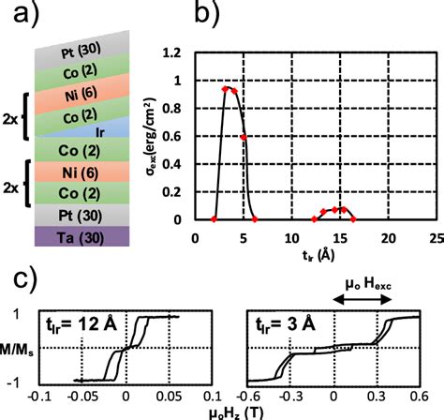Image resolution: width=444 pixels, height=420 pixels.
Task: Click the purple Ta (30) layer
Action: tap(81, 236)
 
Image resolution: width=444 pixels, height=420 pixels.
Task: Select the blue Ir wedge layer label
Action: tap(100, 133)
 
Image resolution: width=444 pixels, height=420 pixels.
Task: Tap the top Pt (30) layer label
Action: tap(81, 51)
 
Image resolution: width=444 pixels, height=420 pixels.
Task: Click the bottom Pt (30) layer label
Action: tap(81, 216)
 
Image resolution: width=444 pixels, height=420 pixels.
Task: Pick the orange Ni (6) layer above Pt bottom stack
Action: tap(81, 172)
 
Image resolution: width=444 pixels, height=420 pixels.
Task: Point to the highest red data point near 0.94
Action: tap(225, 89)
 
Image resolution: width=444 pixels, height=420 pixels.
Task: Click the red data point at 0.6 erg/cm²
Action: tap(244, 138)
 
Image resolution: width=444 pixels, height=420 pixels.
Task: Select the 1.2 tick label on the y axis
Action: tap(171, 53)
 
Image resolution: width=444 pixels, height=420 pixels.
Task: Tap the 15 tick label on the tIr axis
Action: tap(340, 238)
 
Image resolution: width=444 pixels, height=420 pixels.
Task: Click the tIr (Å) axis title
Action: tap(318, 255)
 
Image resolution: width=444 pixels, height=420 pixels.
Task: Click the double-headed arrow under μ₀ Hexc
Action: tap(363, 300)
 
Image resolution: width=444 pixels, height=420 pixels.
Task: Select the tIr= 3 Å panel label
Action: tap(286, 325)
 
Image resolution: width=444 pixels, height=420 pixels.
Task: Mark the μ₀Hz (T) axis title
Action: tap(236, 413)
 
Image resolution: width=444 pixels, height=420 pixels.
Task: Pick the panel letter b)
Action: tap(207, 13)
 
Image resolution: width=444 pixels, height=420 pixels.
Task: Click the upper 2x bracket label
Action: tap(10, 120)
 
